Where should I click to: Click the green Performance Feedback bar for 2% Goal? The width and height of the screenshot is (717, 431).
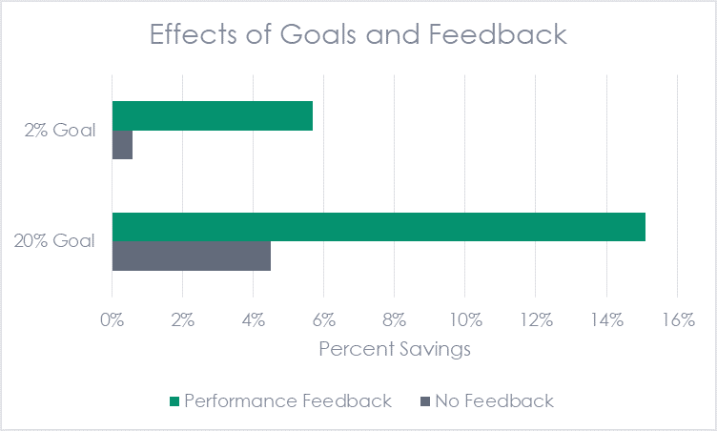pos(213,115)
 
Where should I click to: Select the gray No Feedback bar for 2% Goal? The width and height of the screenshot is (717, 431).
pos(122,145)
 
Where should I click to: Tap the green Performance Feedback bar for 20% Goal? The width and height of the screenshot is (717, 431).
pos(379,227)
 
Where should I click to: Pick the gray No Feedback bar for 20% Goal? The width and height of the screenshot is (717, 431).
pos(192,257)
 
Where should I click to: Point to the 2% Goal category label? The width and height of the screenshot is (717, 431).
pos(61,131)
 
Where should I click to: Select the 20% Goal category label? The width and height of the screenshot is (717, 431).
pos(54,241)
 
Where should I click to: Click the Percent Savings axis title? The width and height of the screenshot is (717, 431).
pos(394,349)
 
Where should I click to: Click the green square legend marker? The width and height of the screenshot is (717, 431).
pos(173,401)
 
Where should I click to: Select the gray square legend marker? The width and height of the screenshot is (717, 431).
pos(424,401)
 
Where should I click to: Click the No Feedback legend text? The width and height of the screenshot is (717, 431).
pos(494,401)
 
